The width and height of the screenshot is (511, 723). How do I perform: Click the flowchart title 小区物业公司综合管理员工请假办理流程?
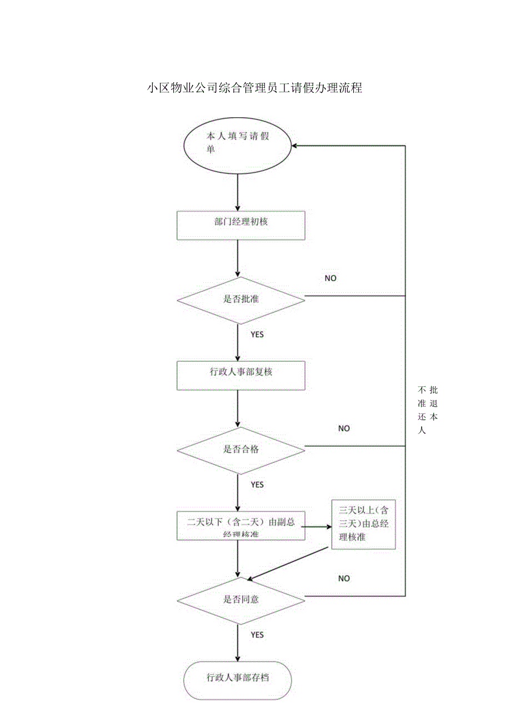click(254, 88)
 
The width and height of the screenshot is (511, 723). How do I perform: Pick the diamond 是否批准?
click(241, 300)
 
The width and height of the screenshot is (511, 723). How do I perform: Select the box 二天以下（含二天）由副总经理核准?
click(241, 526)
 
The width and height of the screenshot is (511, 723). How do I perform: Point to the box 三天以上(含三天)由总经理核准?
click(363, 524)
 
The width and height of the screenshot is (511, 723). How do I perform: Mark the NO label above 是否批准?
click(330, 278)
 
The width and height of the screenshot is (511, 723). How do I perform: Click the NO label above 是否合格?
click(344, 428)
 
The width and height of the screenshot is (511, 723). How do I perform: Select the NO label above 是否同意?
click(344, 579)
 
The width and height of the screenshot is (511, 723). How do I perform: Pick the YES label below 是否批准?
click(257, 335)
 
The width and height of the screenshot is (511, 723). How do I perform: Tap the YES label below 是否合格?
click(257, 485)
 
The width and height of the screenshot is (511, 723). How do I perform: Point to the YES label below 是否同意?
click(257, 635)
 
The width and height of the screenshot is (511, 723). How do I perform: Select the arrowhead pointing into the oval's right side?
click(297, 146)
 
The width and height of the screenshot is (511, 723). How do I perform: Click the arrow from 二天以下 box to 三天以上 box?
click(318, 526)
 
